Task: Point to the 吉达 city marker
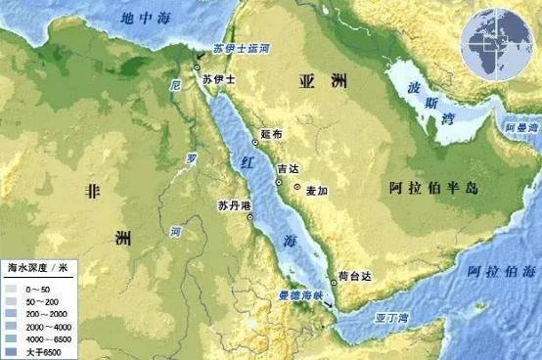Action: [x=280, y=182]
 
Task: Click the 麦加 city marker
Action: [x=297, y=190]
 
